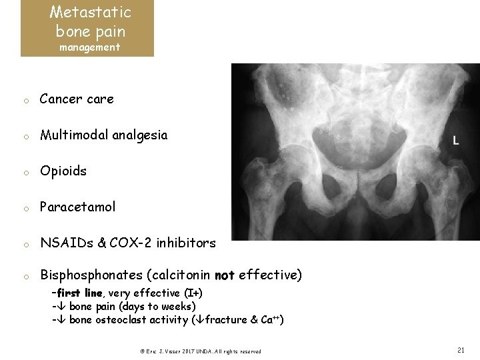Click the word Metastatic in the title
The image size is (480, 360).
[x=90, y=12]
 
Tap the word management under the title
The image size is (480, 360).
[x=89, y=47]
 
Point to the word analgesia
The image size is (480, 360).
[x=144, y=135]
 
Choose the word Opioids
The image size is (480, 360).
[x=63, y=171]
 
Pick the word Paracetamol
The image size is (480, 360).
[x=77, y=207]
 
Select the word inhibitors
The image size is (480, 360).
[x=186, y=243]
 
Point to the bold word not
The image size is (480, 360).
[x=225, y=275]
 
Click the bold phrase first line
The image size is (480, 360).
[x=80, y=293]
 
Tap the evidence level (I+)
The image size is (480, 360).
[x=194, y=293]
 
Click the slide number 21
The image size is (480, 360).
[x=461, y=349]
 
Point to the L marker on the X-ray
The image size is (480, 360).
[x=455, y=141]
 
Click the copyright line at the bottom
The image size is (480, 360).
[x=200, y=351]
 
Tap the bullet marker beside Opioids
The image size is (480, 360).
[x=23, y=173]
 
